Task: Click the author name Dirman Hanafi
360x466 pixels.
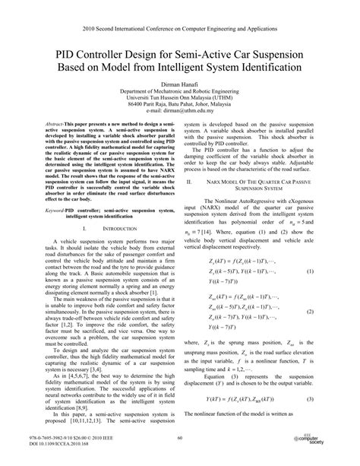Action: (x=180, y=88)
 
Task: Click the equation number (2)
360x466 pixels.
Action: (x=331, y=310)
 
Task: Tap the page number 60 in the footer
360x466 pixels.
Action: (x=180, y=437)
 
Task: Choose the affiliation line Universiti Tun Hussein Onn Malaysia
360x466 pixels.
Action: (x=180, y=103)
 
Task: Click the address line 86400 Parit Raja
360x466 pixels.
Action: (x=180, y=111)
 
